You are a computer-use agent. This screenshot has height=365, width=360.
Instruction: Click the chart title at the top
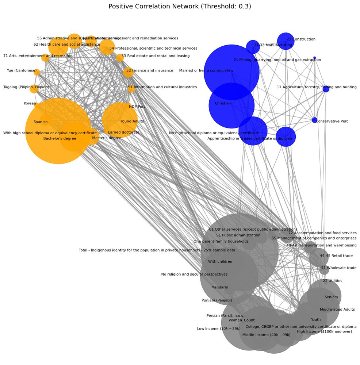tap(180, 7)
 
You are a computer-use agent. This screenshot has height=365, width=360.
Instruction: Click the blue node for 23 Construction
tap(286, 41)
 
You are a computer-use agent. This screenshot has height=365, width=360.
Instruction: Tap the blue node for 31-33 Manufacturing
tap(253, 47)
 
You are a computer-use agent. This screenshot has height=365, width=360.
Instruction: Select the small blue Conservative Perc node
tap(315, 120)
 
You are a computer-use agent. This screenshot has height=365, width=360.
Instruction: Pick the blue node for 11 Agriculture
tap(326, 89)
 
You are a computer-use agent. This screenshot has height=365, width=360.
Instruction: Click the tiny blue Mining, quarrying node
tap(314, 58)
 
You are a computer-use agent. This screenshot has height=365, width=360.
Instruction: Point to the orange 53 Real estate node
tap(120, 58)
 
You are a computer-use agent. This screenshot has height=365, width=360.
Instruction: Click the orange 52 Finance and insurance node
tap(128, 72)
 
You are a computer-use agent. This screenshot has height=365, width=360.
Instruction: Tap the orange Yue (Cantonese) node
tap(37, 72)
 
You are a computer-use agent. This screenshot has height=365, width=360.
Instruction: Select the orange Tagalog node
tap(34, 89)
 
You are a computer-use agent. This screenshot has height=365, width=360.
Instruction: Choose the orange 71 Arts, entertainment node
tap(45, 58)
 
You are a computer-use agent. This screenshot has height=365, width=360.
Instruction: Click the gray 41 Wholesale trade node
tap(324, 270)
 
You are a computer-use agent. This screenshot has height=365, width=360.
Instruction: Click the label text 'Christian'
tap(223, 104)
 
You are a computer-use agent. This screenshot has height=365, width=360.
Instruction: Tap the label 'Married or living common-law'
tap(206, 70)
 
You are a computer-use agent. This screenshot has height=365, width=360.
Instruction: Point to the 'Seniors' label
tap(331, 297)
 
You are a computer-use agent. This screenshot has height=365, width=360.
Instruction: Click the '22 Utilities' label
tap(332, 281)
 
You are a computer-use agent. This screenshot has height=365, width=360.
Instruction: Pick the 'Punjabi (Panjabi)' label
tap(217, 300)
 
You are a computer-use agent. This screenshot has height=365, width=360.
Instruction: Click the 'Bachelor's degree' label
tap(60, 139)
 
